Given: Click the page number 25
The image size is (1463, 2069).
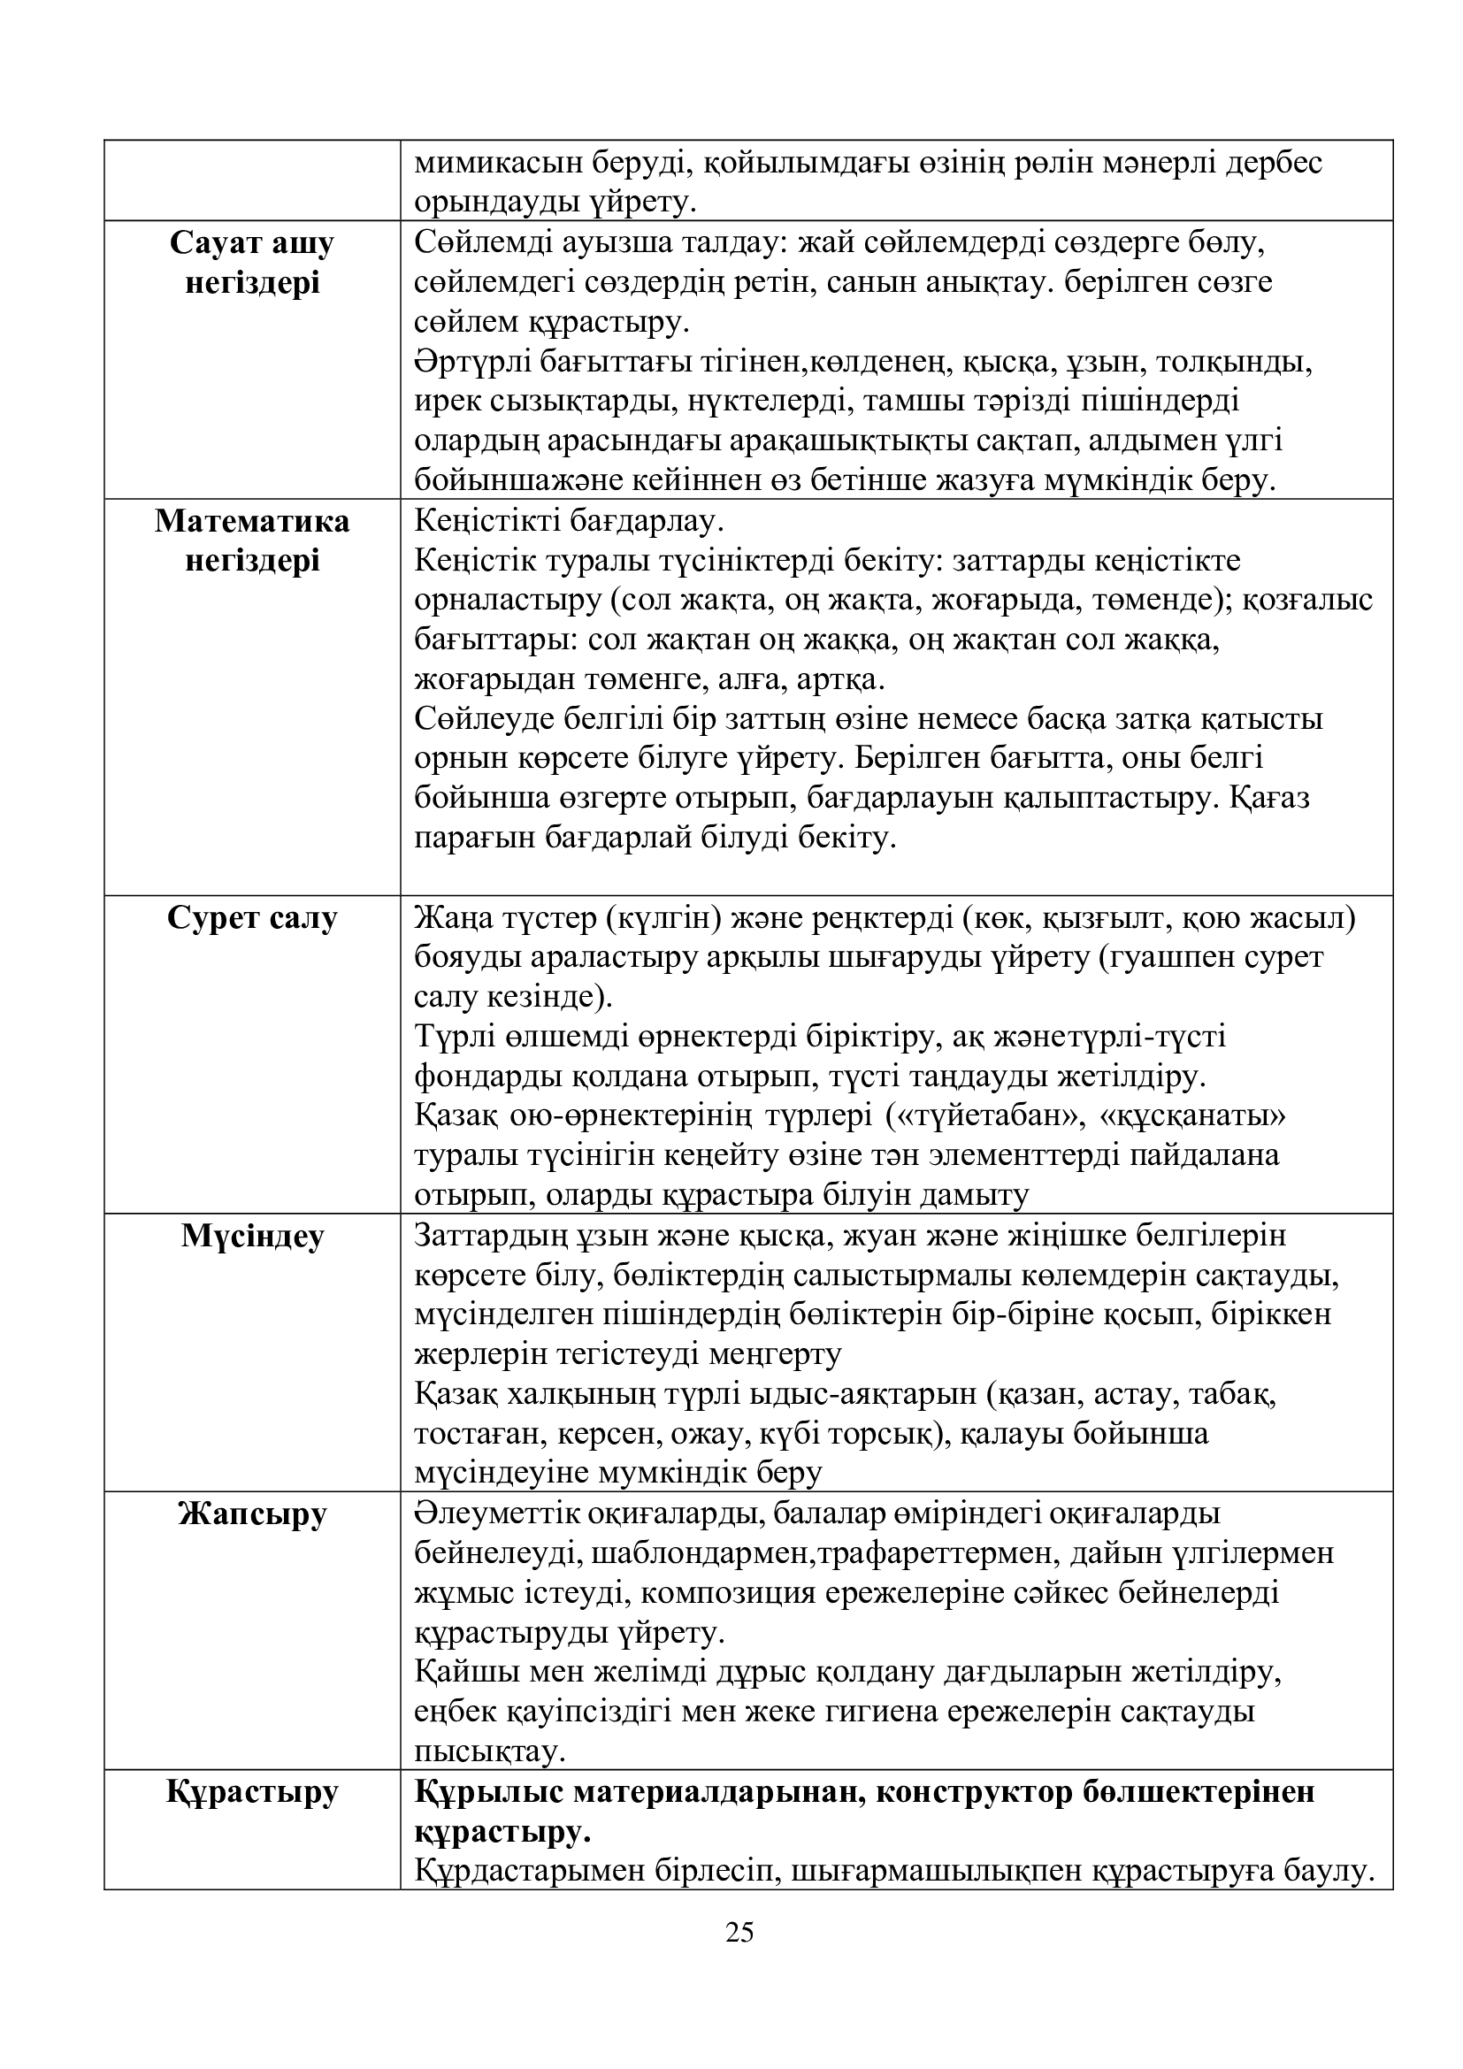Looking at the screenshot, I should coord(739,1932).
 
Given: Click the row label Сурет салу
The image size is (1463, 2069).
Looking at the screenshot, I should coord(252,918).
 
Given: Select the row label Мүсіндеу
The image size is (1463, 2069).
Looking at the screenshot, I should coord(252,1236).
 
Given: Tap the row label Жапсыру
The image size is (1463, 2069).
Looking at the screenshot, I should coord(252,1513).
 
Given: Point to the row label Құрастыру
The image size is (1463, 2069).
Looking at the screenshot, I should coord(252,1790).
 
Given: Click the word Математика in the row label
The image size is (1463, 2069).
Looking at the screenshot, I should coord(252,522).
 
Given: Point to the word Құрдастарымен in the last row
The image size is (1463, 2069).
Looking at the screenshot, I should coord(524,1871).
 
